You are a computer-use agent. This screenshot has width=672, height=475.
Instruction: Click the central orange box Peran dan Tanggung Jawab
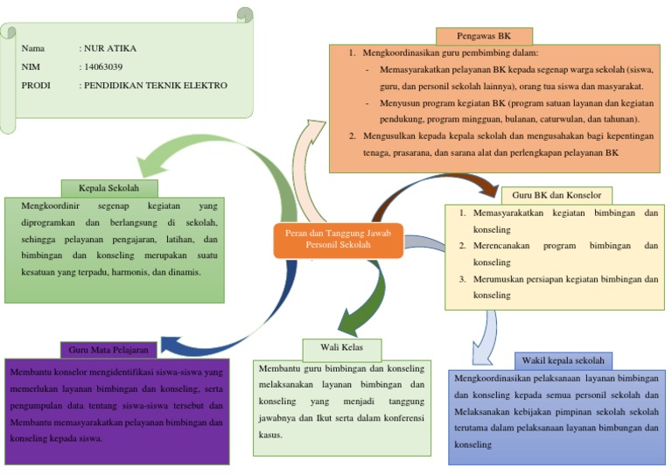coord(338,241)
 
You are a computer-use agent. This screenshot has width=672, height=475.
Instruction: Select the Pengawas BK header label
coord(484,36)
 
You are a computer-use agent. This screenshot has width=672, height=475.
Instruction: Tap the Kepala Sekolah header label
coord(108,188)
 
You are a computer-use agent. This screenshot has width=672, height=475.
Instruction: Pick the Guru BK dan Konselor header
coord(556,195)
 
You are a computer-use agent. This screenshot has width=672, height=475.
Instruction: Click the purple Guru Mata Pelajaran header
coord(108,350)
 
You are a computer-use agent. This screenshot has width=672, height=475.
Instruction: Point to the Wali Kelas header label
coord(341,348)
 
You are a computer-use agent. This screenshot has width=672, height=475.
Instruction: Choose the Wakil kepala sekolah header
coord(563,361)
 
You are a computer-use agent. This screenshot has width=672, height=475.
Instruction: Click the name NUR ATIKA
coord(110,48)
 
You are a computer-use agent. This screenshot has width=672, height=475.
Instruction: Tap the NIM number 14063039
coord(103,66)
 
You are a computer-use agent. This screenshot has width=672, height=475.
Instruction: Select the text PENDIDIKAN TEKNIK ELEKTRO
coord(156,85)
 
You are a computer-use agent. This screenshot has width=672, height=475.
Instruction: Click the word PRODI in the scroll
coord(36,85)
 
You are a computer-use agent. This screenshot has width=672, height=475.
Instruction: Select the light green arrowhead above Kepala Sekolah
coord(150,165)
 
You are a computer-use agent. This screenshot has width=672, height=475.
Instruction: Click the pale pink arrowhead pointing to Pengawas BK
coord(315,129)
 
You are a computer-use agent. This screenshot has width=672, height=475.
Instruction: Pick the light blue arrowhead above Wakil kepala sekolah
coord(482,353)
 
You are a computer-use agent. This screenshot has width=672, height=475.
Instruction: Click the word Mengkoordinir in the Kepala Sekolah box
coord(50,206)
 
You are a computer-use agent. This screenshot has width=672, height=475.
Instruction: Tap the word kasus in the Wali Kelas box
coord(269,435)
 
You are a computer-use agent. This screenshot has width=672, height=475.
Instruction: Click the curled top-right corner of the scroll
coord(245,14)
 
